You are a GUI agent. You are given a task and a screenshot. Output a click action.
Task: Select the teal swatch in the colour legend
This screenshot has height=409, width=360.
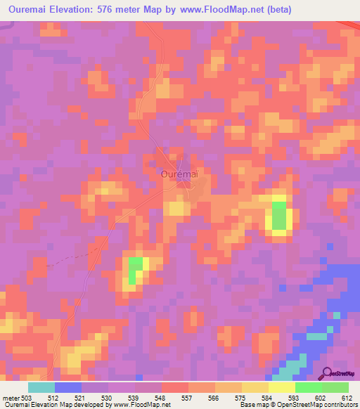coord(41,387)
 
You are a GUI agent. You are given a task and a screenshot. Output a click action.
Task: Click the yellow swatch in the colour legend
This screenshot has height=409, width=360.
coord(282,387)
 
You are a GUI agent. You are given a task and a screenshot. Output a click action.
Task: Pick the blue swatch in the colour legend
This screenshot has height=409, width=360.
coord(68,387)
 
